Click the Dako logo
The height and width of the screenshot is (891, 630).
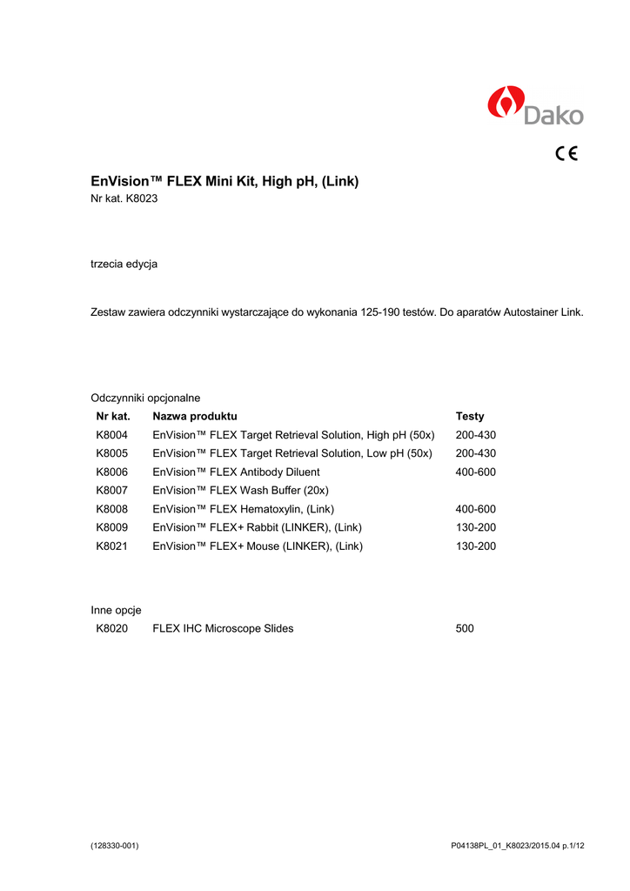(535, 106)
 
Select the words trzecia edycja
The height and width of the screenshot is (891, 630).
(124, 263)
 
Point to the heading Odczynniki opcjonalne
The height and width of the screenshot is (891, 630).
(145, 398)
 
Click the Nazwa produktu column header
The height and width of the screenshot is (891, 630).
(194, 416)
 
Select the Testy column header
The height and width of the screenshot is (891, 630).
(470, 416)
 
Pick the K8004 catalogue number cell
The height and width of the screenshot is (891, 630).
(112, 435)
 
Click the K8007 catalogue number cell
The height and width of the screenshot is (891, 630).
(112, 491)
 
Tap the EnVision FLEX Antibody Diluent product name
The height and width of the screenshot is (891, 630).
(236, 472)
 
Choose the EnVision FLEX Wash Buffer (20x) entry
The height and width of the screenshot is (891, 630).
(240, 491)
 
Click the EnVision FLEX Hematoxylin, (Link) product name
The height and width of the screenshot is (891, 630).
(243, 509)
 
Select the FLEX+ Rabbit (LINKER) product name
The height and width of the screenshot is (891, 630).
(257, 527)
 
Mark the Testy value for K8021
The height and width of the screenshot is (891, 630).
(475, 546)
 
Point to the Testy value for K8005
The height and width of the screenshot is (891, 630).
(475, 453)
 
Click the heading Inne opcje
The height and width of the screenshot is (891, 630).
(116, 610)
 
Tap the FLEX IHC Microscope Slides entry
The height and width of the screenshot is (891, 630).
(223, 628)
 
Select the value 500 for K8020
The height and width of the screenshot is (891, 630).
(465, 628)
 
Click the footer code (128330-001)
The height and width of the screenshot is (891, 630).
(115, 846)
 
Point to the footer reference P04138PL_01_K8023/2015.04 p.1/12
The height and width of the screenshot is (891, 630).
(517, 846)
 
